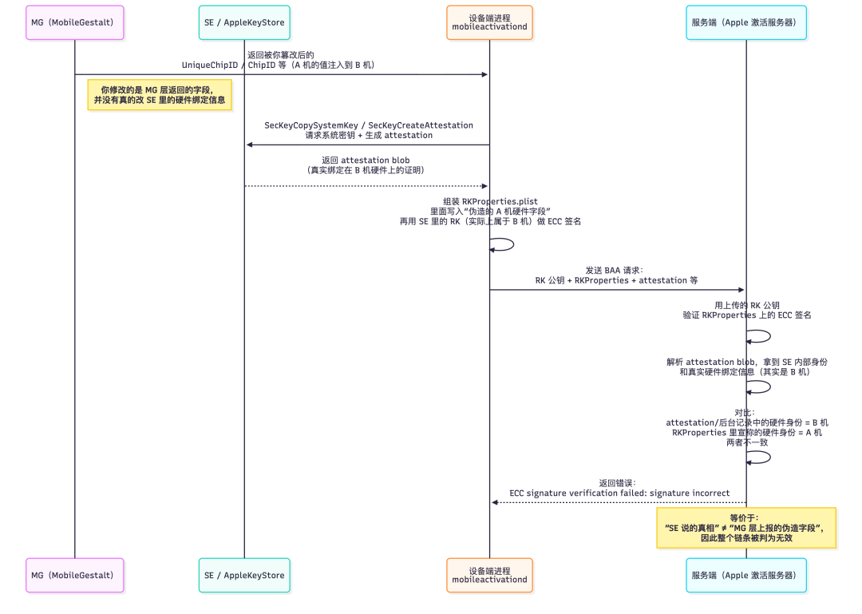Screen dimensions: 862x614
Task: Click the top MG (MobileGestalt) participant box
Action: click(x=75, y=22)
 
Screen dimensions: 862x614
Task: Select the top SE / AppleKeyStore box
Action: click(x=244, y=22)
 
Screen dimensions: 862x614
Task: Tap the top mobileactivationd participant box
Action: click(x=489, y=22)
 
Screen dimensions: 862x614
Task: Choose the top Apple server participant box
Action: click(x=746, y=22)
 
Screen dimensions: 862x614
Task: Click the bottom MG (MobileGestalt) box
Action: click(x=75, y=576)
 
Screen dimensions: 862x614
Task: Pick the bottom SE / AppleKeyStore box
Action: click(x=244, y=576)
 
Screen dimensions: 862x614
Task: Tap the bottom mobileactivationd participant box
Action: click(x=489, y=576)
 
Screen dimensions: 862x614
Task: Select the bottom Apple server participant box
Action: click(x=746, y=576)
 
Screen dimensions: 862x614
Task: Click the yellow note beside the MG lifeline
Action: click(x=160, y=95)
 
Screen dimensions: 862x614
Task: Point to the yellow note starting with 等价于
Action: click(x=746, y=529)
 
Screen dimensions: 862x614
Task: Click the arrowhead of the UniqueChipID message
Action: click(x=485, y=74)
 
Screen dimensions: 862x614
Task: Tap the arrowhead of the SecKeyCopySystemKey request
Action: click(x=250, y=145)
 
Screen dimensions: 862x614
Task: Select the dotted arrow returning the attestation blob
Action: click(x=366, y=186)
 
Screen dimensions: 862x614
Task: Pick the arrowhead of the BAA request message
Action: click(x=741, y=289)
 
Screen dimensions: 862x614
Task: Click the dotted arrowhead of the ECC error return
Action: click(x=495, y=502)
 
